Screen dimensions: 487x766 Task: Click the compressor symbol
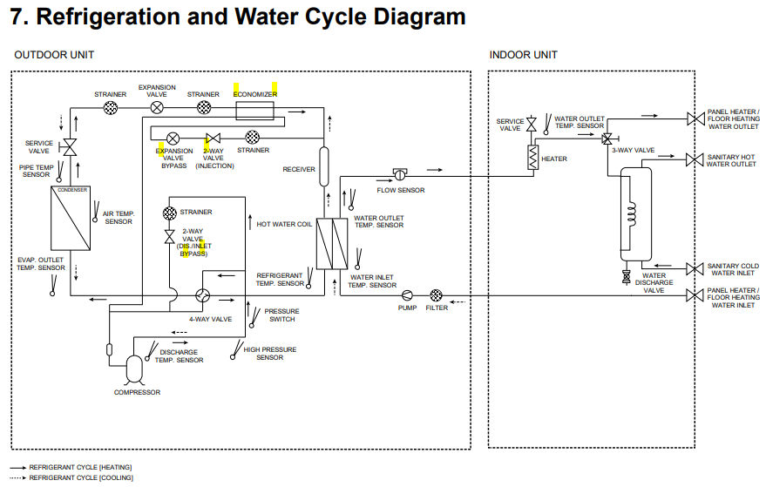pos(135,369)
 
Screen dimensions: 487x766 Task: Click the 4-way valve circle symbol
pos(202,296)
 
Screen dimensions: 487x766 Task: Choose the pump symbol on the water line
pos(407,296)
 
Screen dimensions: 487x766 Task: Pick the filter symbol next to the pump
pos(437,296)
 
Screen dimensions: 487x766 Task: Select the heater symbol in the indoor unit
pos(529,157)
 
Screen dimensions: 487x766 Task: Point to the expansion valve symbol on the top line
pos(157,108)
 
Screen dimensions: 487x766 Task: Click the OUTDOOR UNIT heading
pos(54,55)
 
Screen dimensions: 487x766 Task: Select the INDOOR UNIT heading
pos(523,55)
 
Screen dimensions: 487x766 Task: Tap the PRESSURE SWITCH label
pos(281,315)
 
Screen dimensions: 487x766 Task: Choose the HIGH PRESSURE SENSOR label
pos(269,354)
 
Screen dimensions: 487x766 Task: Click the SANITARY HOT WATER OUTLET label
pos(731,160)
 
